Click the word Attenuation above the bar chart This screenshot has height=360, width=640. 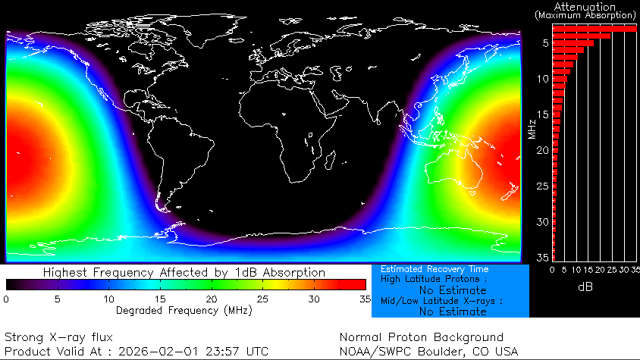pyautogui.click(x=585, y=6)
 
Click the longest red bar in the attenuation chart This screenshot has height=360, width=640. pyautogui.click(x=594, y=28)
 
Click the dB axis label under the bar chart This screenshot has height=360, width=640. pyautogui.click(x=585, y=287)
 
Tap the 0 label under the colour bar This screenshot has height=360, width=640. pyautogui.click(x=6, y=299)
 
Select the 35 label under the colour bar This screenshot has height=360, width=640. pyautogui.click(x=365, y=299)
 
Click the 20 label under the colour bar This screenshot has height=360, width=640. pyautogui.click(x=211, y=299)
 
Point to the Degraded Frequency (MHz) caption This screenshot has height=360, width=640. pyautogui.click(x=185, y=310)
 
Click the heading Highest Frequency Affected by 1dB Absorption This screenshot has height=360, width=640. pyautogui.click(x=184, y=272)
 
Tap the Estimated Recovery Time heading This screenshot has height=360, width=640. pyautogui.click(x=435, y=269)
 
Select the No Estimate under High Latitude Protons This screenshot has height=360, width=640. pyautogui.click(x=453, y=290)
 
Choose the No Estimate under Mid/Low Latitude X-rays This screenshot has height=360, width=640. pyautogui.click(x=453, y=311)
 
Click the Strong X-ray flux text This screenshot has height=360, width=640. pyautogui.click(x=58, y=337)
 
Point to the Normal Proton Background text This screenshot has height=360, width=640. pyautogui.click(x=421, y=337)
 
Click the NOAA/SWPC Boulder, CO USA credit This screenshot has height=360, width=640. pyautogui.click(x=428, y=352)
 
